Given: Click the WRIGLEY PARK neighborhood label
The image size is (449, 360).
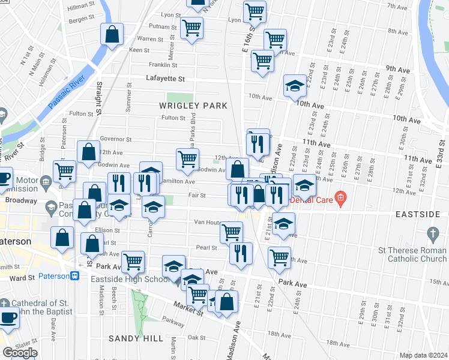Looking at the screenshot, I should point(193,106).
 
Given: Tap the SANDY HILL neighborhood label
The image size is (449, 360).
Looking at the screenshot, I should point(136,338).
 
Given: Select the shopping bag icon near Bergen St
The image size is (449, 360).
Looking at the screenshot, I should point(112,34).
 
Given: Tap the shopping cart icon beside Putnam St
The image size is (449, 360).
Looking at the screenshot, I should point(191,28).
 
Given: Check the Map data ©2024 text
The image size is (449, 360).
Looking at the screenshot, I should point(424,355).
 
